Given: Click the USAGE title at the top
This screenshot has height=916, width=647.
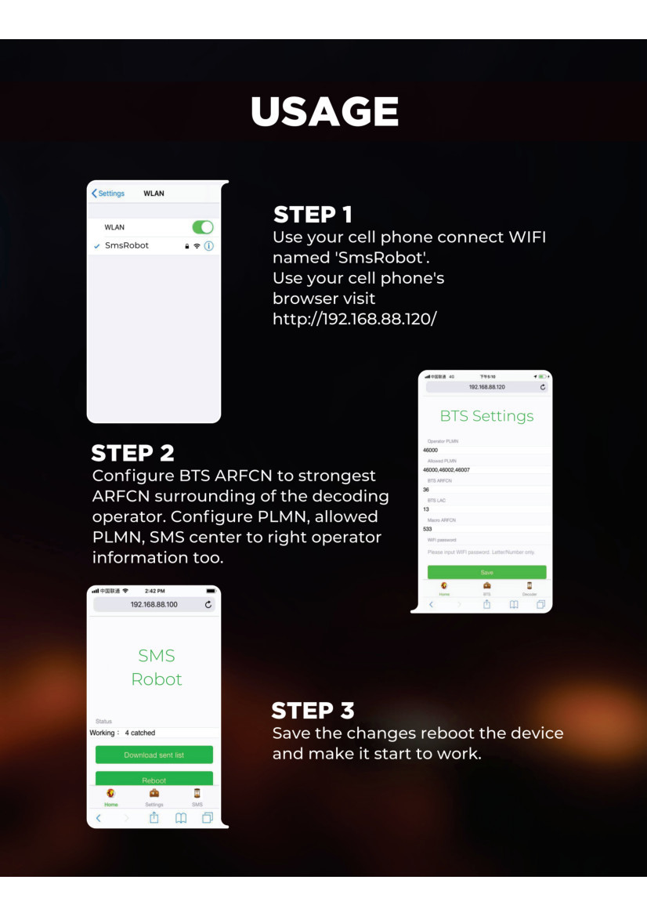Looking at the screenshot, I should [324, 111].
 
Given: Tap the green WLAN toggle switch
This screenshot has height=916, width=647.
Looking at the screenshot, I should [203, 227].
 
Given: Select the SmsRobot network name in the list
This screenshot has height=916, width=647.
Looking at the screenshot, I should [127, 245].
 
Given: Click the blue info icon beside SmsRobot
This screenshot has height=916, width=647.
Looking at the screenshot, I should [209, 246].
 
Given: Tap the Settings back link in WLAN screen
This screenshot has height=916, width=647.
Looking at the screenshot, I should [108, 194].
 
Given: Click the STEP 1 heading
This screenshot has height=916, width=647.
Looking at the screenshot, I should [313, 214].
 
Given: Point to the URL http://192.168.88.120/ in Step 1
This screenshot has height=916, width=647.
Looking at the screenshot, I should [354, 319].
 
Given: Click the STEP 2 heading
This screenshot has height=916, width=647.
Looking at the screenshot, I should [132, 453].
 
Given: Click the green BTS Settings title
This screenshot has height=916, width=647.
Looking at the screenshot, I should [486, 416].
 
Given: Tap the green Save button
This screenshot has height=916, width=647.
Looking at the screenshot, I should [486, 573].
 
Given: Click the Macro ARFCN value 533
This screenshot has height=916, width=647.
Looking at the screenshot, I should [428, 529].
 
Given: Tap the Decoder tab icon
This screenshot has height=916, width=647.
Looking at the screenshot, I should [530, 586].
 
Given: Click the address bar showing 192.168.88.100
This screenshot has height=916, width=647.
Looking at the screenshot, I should [154, 605].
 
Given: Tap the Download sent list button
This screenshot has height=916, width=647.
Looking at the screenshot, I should [154, 755].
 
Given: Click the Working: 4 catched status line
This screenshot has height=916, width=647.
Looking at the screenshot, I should [123, 733].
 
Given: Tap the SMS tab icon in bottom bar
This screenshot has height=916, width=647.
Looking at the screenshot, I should [197, 794].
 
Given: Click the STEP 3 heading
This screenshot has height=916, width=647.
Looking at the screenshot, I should [313, 711].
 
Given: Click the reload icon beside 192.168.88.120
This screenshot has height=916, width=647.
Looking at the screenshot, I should [543, 387].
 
